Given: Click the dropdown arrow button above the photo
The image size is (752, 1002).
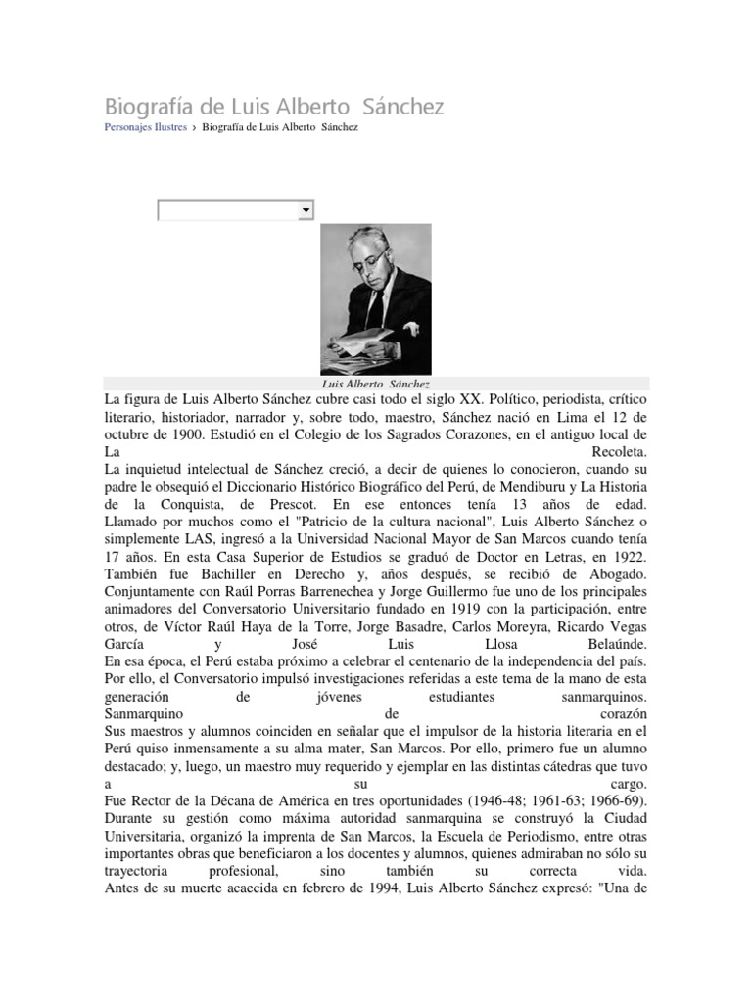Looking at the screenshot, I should click(305, 210).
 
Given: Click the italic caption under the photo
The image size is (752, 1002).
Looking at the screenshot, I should click(376, 385).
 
